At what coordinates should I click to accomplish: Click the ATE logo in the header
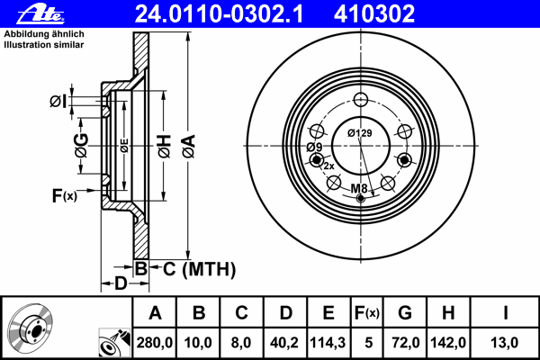(40, 14)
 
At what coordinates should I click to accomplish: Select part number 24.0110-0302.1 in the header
(219, 14)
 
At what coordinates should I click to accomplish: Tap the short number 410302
(374, 14)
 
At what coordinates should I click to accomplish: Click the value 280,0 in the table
(154, 343)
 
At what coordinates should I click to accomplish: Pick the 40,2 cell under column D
(284, 343)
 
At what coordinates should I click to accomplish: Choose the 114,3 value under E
(328, 343)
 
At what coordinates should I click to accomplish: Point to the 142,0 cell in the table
(448, 343)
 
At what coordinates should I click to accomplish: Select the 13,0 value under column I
(505, 343)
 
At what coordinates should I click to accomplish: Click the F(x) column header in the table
(367, 313)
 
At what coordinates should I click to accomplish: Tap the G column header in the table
(405, 313)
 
